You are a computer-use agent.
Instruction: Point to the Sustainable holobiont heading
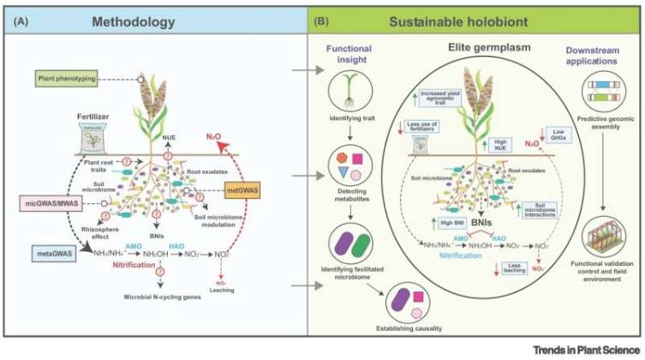(472, 18)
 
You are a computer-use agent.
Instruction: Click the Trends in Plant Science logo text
(583, 349)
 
